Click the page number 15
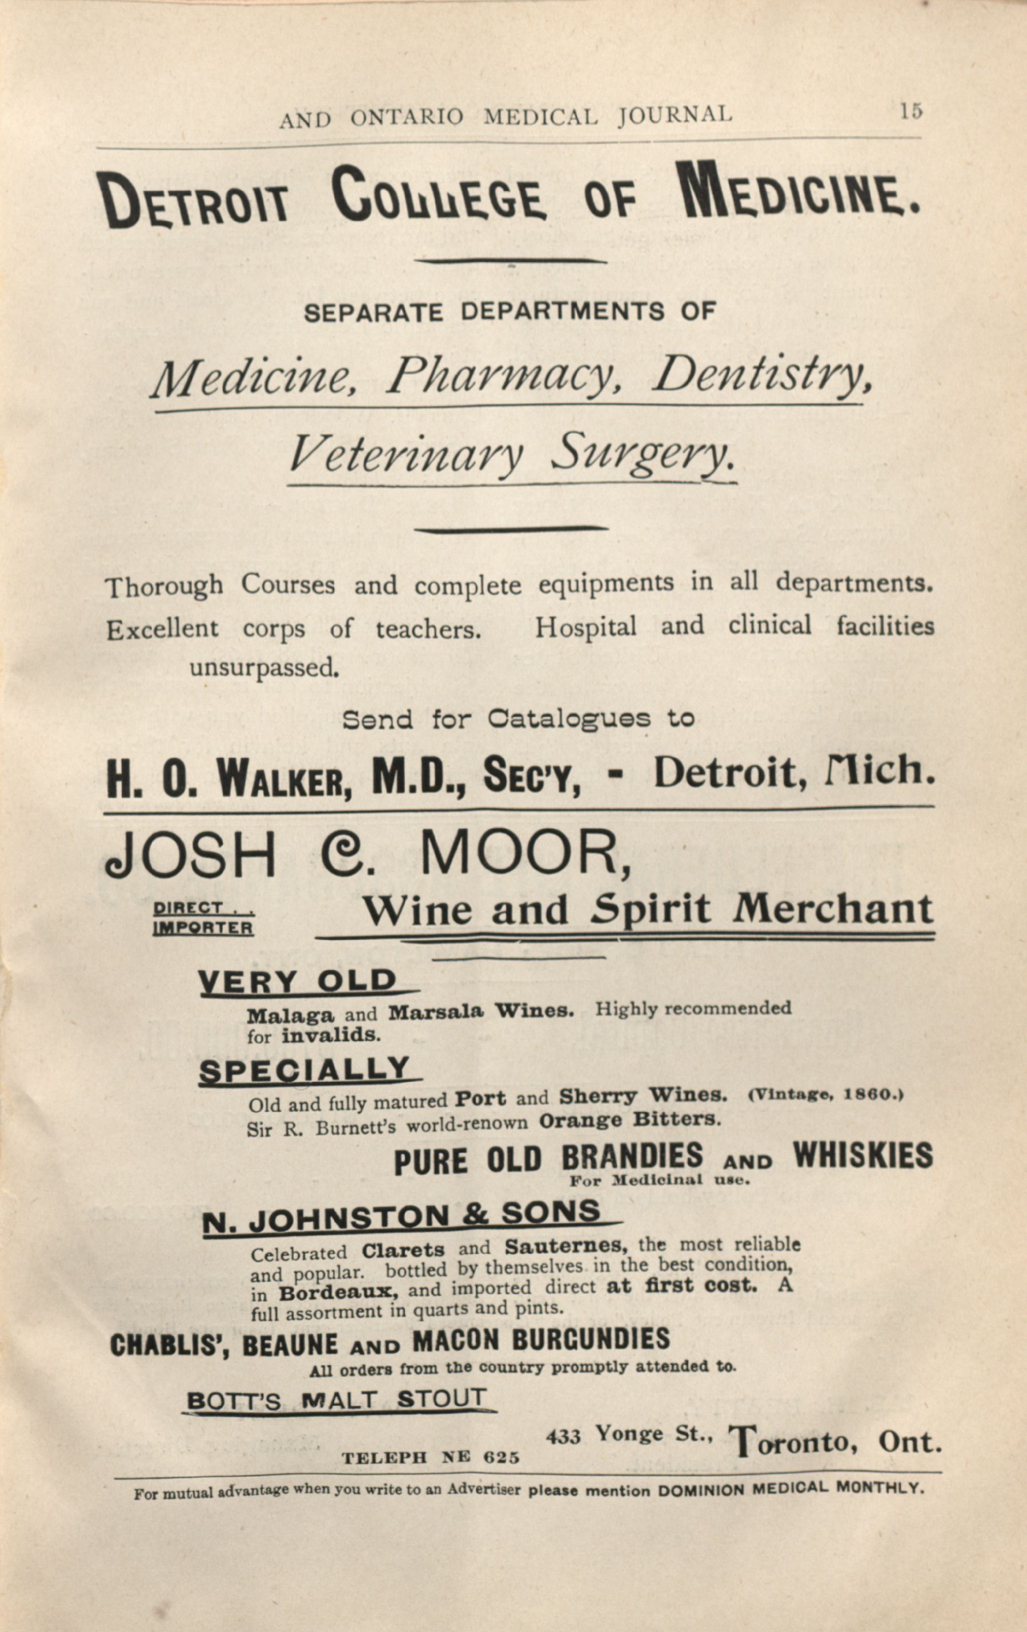911,111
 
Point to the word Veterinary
407,454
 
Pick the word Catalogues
569,718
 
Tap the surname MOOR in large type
525,855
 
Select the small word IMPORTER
203,928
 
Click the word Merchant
833,910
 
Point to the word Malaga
290,1016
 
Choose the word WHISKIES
862,1155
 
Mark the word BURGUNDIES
591,1340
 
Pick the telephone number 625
502,1458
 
